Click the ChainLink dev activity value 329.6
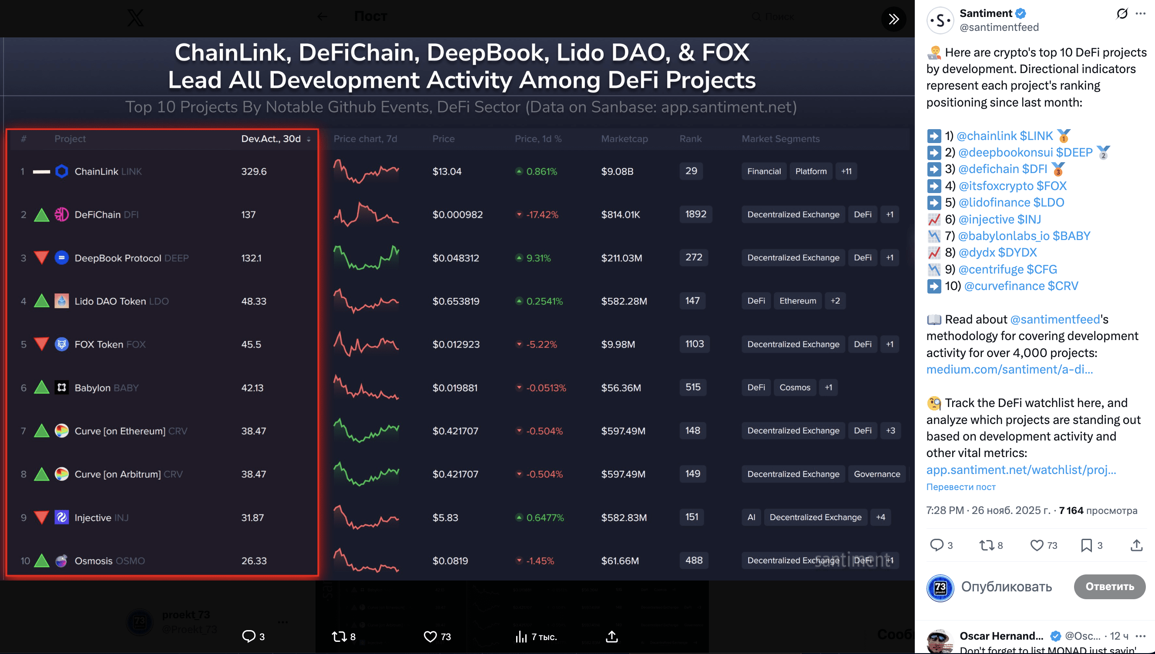(x=254, y=172)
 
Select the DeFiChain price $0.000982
(x=457, y=215)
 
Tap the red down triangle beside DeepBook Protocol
(x=41, y=258)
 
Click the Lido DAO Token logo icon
(x=61, y=301)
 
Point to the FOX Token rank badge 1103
(x=694, y=344)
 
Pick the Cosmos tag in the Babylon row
(x=794, y=387)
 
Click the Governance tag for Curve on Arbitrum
(x=876, y=474)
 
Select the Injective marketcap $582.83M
(x=624, y=517)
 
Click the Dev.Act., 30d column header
(x=271, y=139)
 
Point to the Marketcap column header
(x=624, y=139)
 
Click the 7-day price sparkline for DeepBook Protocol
(x=366, y=258)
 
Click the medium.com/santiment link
(x=1009, y=369)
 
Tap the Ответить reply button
(x=1109, y=586)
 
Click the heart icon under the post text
(x=1036, y=545)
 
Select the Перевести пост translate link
(x=961, y=487)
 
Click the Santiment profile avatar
(x=940, y=20)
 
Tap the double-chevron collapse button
(x=893, y=19)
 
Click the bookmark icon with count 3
(x=1086, y=545)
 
